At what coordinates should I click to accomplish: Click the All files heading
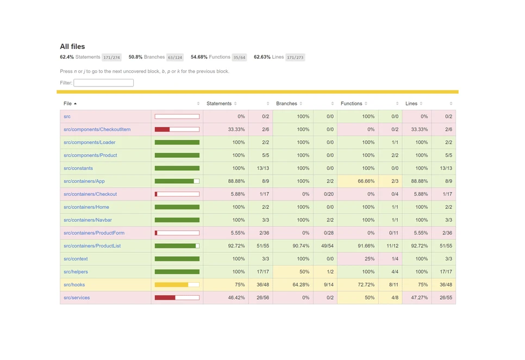point(72,47)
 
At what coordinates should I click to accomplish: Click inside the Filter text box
point(103,83)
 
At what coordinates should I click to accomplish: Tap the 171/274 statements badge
point(111,57)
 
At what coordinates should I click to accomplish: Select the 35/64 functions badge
point(239,57)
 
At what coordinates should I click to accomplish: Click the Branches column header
point(286,103)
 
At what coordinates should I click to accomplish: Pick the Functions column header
point(352,103)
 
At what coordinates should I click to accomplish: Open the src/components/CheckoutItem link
point(97,129)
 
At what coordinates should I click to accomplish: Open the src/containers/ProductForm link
point(94,233)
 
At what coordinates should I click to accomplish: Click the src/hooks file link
point(74,284)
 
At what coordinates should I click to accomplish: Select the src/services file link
point(77,297)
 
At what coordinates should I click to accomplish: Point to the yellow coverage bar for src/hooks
point(171,284)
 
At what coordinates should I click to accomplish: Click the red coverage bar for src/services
point(165,297)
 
